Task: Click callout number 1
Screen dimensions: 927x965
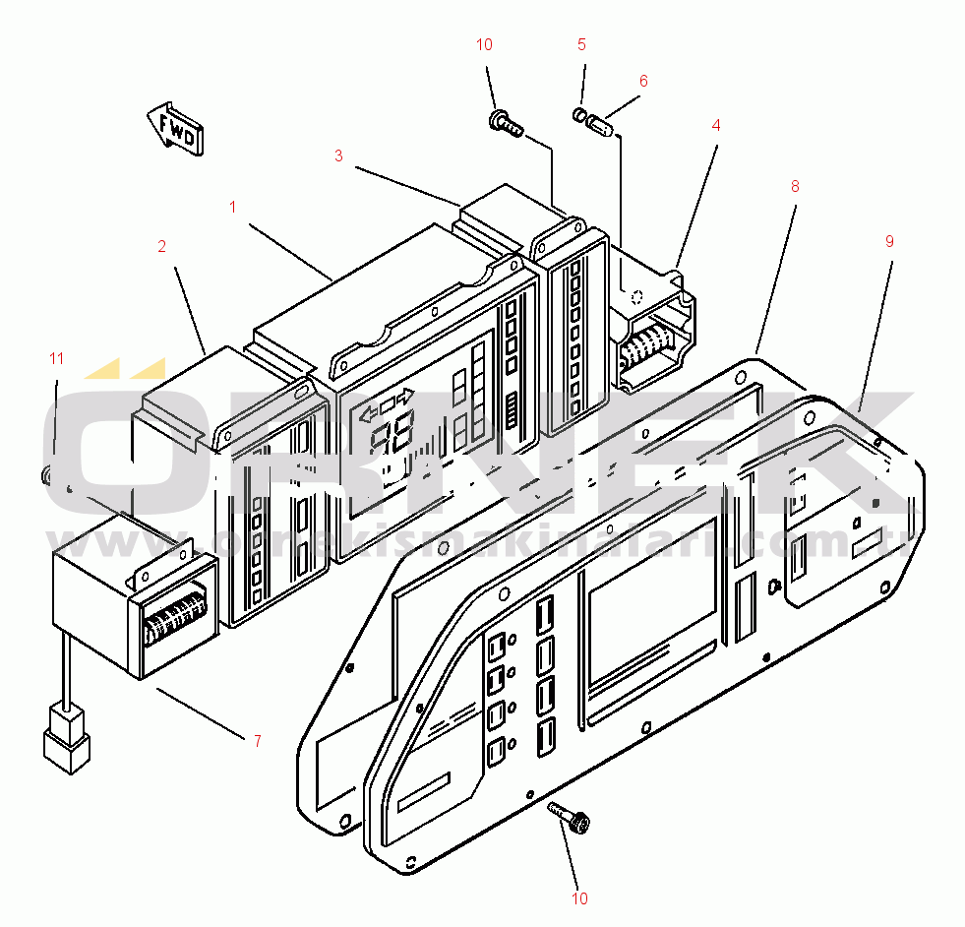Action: pyautogui.click(x=233, y=208)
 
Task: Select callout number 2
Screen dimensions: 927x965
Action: pyautogui.click(x=162, y=247)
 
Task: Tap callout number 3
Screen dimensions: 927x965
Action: pyautogui.click(x=338, y=155)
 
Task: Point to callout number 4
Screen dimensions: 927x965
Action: pyautogui.click(x=716, y=125)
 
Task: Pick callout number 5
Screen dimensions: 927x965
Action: pyautogui.click(x=581, y=44)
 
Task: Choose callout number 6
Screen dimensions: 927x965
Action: pyautogui.click(x=643, y=81)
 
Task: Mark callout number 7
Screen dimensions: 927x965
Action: pyautogui.click(x=257, y=740)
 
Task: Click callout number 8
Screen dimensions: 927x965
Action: pyautogui.click(x=795, y=185)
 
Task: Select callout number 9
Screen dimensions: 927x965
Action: pyautogui.click(x=889, y=241)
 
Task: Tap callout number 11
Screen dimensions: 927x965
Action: pyautogui.click(x=56, y=358)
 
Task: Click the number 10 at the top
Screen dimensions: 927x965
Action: pyautogui.click(x=484, y=44)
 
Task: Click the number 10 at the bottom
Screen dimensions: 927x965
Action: pyautogui.click(x=579, y=897)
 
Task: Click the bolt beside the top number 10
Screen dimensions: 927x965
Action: pyautogui.click(x=504, y=122)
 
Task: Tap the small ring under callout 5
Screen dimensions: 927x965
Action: pyautogui.click(x=579, y=116)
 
